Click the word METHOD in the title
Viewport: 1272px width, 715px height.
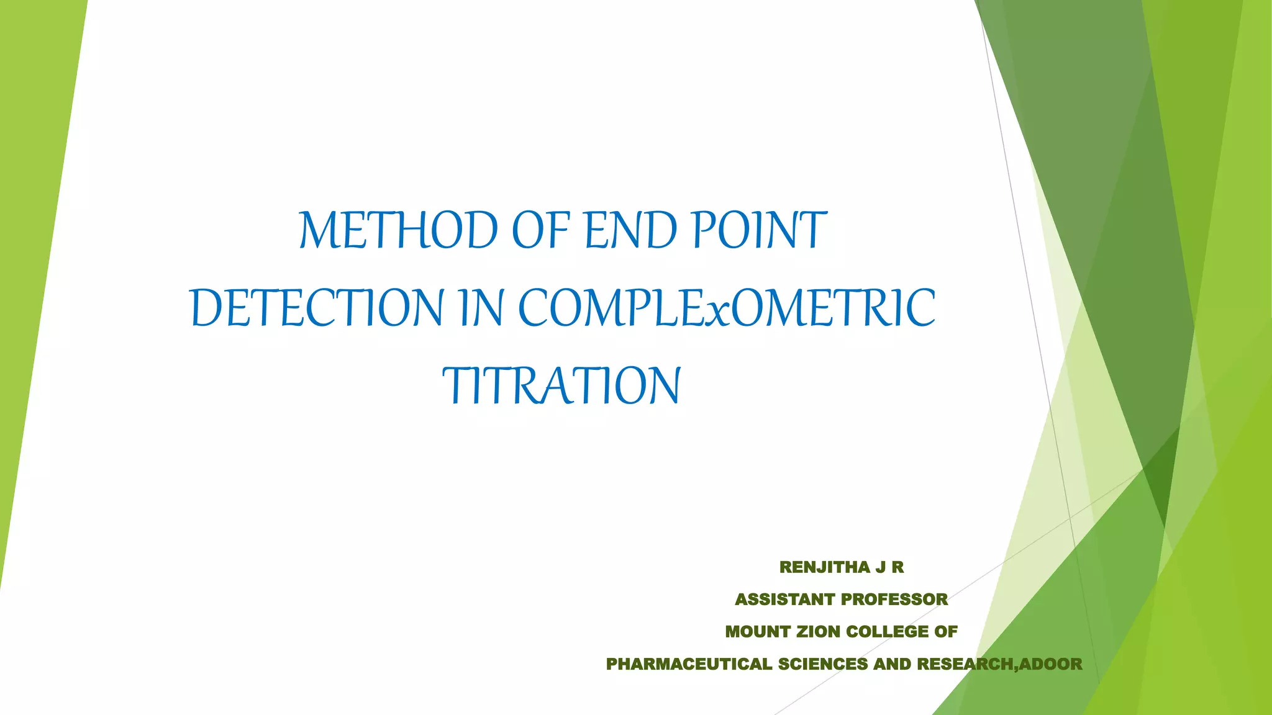[x=398, y=230]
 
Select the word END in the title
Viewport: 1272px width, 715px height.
[x=630, y=230]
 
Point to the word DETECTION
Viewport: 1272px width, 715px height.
[x=317, y=308]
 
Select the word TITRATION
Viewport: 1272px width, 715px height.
[x=562, y=385]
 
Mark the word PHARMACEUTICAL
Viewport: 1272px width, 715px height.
[x=689, y=664]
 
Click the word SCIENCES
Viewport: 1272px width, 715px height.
[x=823, y=664]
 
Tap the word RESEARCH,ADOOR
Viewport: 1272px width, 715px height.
[x=999, y=664]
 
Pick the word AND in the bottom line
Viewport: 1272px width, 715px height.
[x=893, y=664]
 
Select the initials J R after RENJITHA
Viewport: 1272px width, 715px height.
[x=889, y=567]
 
